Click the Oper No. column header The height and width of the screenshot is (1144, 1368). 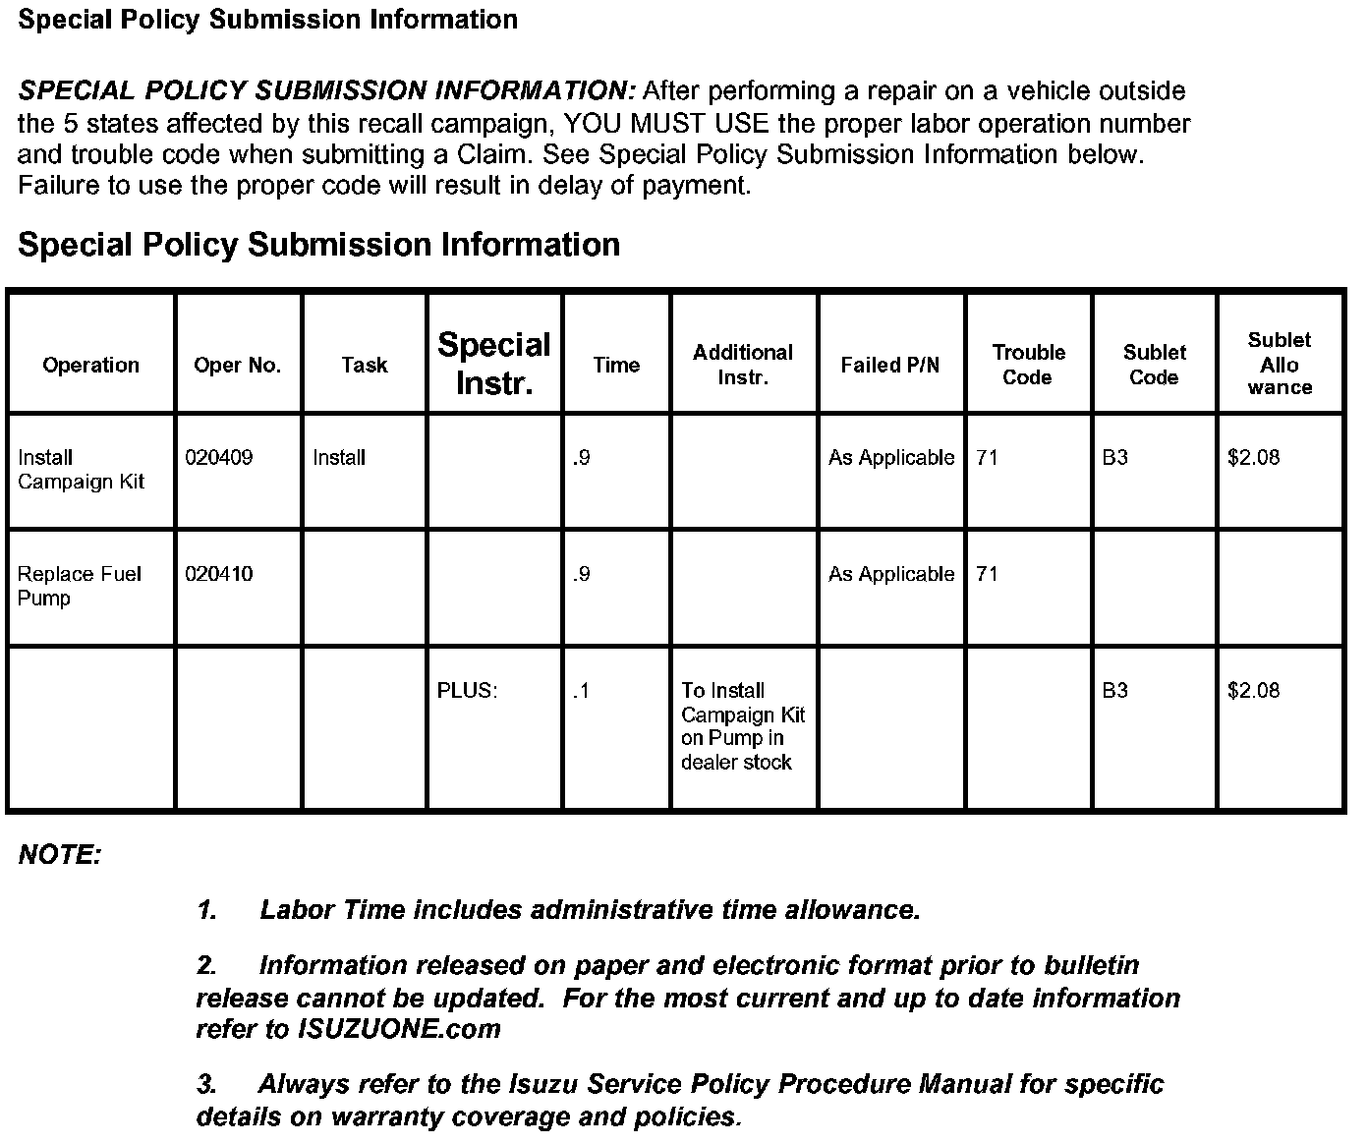[x=237, y=366]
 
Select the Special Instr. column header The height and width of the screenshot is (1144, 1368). [x=494, y=364]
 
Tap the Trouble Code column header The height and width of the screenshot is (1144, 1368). [x=1028, y=365]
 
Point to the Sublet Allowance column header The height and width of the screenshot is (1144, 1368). [x=1280, y=364]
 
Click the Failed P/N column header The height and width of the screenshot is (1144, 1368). [x=889, y=366]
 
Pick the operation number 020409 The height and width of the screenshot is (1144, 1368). [x=218, y=458]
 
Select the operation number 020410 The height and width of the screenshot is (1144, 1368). [x=218, y=574]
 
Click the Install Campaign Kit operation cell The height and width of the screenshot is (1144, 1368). [x=81, y=470]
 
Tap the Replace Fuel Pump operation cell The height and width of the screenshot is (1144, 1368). [x=79, y=586]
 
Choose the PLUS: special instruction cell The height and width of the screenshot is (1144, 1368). [x=467, y=691]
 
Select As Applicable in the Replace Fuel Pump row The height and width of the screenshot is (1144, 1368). [x=890, y=574]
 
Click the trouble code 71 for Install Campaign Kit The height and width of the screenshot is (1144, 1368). [x=987, y=458]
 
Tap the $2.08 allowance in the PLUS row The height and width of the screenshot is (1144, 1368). [x=1253, y=691]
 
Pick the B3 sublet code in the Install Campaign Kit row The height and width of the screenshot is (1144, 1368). [x=1114, y=458]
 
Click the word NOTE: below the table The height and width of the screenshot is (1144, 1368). [x=60, y=855]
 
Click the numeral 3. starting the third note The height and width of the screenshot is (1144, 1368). [x=206, y=1085]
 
